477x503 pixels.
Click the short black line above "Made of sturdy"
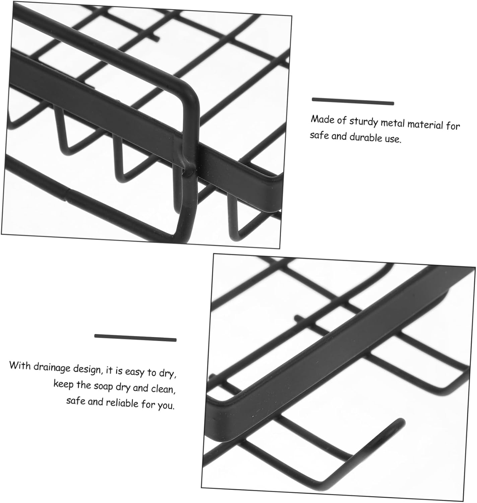pos(353,101)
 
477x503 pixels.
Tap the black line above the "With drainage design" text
pos(135,338)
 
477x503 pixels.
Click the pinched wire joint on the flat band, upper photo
pos(189,168)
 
